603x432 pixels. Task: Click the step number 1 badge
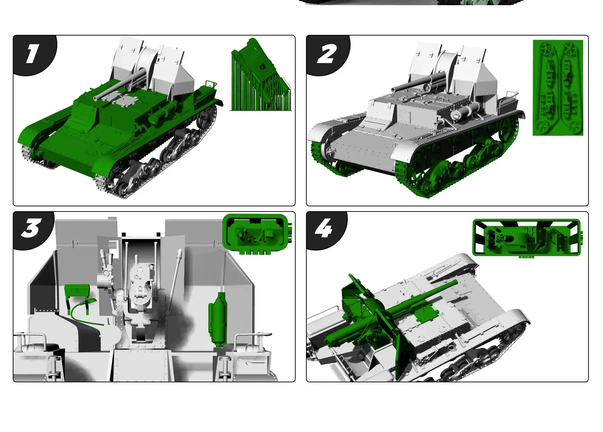(32, 54)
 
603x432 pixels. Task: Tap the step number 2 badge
(326, 54)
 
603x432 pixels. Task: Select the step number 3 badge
(32, 229)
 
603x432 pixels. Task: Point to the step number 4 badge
(325, 229)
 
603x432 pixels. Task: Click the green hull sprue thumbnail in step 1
(261, 75)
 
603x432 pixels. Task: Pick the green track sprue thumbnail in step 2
(558, 88)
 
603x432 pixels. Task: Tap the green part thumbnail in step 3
(258, 234)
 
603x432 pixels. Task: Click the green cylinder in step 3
(217, 319)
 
